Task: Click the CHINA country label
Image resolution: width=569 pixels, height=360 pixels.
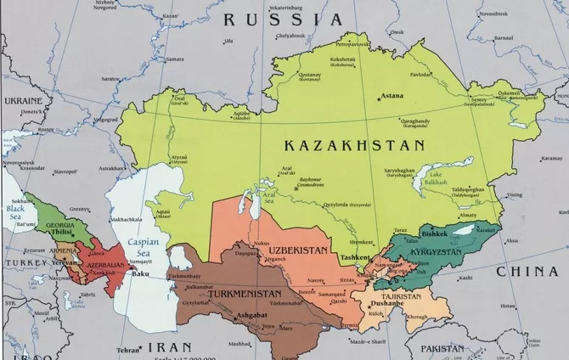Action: click(527, 271)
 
